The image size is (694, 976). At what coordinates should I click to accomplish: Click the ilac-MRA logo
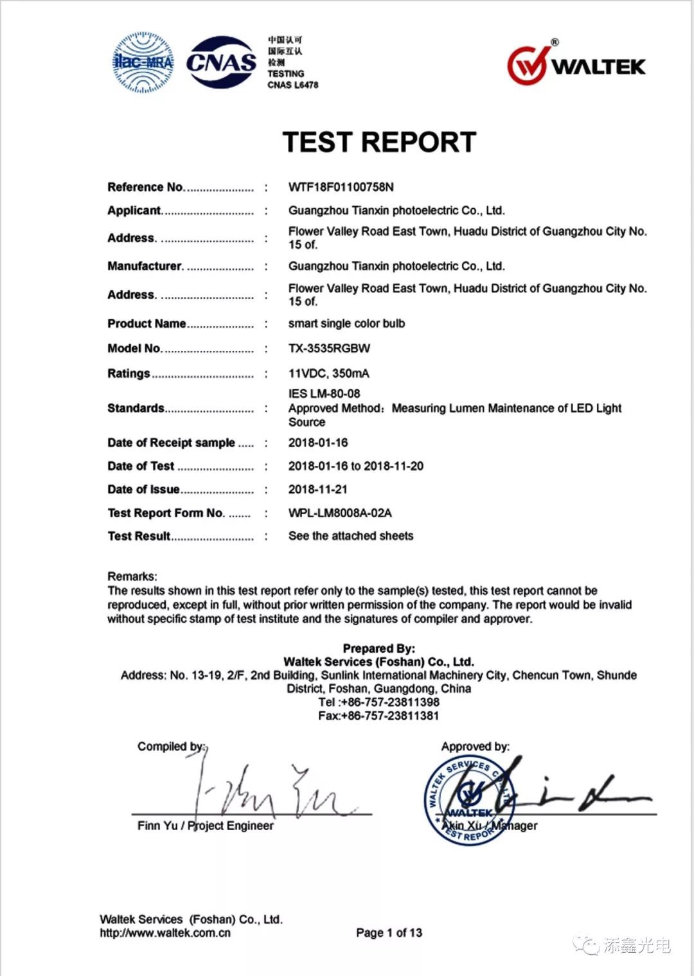(x=143, y=62)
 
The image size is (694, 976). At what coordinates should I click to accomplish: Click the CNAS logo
(x=221, y=62)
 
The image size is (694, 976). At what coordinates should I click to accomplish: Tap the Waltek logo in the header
(x=576, y=65)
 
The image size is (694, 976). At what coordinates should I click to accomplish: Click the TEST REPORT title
(x=379, y=142)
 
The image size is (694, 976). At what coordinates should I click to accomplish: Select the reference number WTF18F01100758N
(x=341, y=187)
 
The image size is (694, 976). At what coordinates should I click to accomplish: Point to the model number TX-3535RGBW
(x=329, y=348)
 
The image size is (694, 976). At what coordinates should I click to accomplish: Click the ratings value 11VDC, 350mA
(x=328, y=373)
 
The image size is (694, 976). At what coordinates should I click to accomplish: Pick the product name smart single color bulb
(x=346, y=323)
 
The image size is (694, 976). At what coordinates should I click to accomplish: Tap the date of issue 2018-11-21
(x=317, y=490)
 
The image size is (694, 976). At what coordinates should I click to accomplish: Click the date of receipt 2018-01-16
(x=317, y=443)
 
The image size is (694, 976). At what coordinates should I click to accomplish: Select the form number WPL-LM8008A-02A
(x=340, y=513)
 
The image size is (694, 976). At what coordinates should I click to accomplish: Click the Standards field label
(x=136, y=408)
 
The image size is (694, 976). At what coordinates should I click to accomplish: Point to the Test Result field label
(x=139, y=536)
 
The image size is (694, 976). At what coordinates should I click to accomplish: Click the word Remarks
(x=132, y=576)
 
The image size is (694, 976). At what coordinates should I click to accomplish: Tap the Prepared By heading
(x=378, y=648)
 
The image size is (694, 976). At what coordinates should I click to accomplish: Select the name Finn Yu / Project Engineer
(x=205, y=826)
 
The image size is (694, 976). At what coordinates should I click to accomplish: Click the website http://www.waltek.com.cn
(x=165, y=933)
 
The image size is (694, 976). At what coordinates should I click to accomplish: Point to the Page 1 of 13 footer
(x=389, y=932)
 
